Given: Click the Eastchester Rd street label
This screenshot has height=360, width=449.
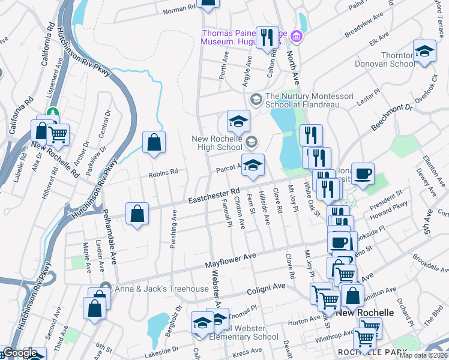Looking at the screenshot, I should click(214, 196).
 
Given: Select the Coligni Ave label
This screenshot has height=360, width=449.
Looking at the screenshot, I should click(267, 290).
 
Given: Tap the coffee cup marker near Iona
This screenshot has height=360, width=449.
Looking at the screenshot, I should click(363, 174).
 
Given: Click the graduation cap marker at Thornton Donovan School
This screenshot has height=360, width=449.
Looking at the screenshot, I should click(424, 51).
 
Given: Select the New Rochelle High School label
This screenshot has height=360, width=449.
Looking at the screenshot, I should click(217, 143).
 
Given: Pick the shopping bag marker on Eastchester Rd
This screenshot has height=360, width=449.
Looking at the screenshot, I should click(137, 214).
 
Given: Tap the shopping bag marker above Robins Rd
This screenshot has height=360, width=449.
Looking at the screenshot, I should click(154, 143).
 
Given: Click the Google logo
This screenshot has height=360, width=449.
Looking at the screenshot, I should click(19, 353).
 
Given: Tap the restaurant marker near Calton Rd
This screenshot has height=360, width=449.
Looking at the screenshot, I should click(265, 37).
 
